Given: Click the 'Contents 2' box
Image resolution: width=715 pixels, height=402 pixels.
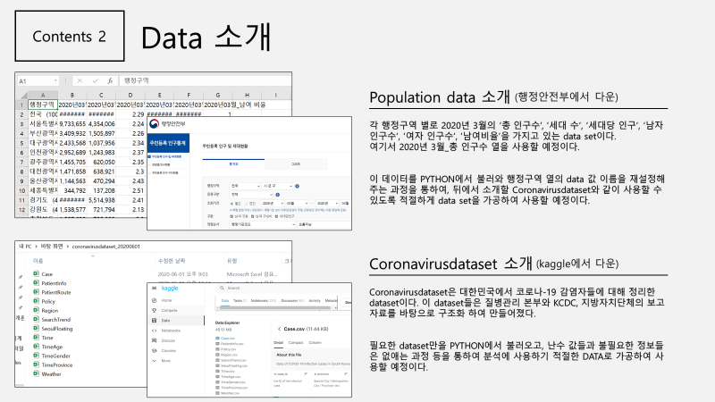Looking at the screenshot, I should tap(69, 37).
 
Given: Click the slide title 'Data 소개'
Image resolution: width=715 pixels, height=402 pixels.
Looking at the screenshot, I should tap(205, 37).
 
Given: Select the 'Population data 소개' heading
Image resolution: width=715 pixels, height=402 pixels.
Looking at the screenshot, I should tap(439, 97).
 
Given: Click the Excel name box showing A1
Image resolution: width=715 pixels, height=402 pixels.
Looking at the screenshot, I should tap(37, 80).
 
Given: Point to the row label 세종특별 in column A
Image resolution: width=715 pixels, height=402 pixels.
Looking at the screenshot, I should tap(42, 189).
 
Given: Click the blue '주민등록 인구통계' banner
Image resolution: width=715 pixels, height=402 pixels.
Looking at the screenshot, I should tap(166, 141).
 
